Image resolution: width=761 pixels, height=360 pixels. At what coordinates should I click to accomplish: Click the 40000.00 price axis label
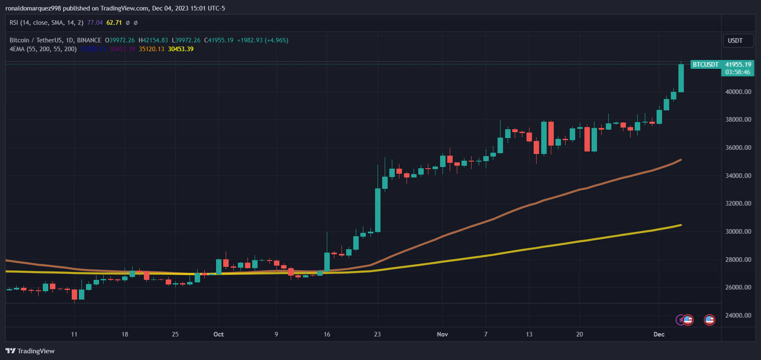(738, 92)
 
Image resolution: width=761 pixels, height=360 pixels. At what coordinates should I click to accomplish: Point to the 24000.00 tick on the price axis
(738, 316)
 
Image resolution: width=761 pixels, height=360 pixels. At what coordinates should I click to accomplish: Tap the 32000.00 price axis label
(738, 203)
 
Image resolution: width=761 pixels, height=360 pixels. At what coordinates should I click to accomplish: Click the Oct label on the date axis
(219, 334)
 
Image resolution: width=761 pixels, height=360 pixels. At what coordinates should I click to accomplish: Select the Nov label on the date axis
(442, 334)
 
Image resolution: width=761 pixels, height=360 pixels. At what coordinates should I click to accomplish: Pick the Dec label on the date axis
(659, 334)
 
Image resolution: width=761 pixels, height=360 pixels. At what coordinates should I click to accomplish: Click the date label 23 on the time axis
(378, 334)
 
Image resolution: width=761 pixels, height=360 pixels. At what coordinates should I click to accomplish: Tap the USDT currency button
(738, 41)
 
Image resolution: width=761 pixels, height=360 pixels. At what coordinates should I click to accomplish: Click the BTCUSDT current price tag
(706, 65)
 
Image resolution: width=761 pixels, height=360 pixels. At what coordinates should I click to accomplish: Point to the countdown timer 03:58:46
(738, 72)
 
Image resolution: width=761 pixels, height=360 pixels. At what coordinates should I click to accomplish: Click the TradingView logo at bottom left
(30, 351)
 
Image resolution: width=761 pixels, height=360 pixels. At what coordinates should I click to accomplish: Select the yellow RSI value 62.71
(114, 23)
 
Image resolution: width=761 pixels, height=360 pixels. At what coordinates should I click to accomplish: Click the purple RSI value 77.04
(95, 23)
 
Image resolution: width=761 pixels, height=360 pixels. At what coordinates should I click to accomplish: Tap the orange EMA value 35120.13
(151, 49)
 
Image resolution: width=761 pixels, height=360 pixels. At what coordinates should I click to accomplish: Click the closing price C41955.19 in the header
(219, 40)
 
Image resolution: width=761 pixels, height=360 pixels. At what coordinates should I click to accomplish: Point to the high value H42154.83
(153, 40)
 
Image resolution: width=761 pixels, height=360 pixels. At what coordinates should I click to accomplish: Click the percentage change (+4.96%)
(276, 40)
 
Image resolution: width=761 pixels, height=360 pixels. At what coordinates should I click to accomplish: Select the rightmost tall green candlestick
(681, 78)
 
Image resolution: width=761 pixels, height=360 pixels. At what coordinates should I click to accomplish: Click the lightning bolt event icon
(680, 320)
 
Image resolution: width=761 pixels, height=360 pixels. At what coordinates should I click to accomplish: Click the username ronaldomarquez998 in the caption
(33, 8)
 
